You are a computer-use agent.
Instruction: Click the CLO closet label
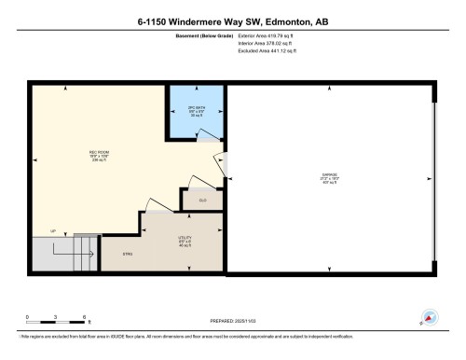pyautogui.click(x=201, y=200)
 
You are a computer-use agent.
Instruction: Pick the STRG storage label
pyautogui.click(x=129, y=254)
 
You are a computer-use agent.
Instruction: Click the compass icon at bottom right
pyautogui.click(x=430, y=318)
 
